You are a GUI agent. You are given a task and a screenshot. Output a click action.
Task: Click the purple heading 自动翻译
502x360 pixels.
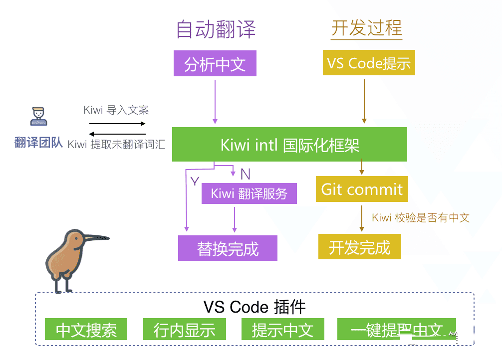point(216,29)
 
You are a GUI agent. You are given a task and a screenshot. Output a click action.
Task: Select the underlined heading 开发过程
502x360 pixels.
point(366,28)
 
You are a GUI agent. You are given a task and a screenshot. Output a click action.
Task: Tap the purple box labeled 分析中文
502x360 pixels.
point(215,63)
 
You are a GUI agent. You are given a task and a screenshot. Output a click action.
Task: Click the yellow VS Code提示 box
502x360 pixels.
point(368,63)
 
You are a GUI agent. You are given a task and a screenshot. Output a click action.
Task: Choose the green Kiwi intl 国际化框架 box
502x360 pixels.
point(289,145)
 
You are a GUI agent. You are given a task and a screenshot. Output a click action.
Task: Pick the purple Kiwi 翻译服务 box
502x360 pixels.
point(249,193)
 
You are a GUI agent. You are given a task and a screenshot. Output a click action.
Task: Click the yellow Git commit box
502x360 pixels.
point(361,189)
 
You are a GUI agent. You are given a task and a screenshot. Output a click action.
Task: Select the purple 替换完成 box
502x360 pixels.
point(228,248)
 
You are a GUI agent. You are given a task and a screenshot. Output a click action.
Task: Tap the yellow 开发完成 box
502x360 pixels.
point(359,247)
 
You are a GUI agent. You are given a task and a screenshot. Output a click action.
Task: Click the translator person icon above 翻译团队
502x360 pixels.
point(38,116)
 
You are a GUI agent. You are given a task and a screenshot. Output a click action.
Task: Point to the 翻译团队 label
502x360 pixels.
point(38,143)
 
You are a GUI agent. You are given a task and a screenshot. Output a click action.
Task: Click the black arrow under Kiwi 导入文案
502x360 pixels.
point(117,123)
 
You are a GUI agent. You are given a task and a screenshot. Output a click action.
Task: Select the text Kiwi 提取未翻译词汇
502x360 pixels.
point(116,145)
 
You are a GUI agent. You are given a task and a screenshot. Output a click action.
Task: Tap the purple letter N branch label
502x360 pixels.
point(245,174)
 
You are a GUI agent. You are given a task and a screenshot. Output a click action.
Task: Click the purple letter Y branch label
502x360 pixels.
point(195,181)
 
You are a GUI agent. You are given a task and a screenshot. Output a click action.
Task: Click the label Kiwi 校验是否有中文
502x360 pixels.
point(421,217)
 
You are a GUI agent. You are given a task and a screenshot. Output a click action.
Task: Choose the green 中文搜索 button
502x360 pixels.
point(86,330)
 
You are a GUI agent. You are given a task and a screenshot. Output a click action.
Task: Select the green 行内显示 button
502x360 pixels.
point(184,330)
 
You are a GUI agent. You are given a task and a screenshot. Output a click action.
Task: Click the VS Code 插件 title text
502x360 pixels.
point(254,306)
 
